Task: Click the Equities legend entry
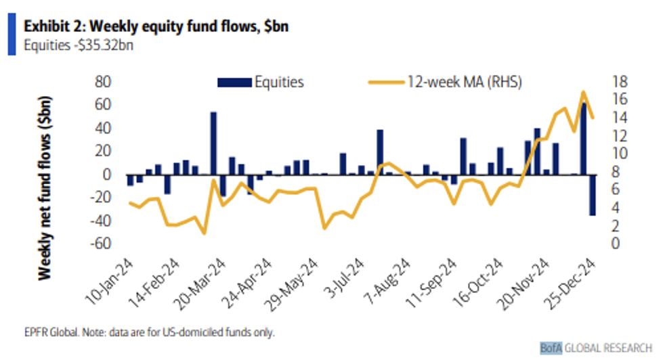[261, 83]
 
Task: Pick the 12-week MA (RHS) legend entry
[444, 83]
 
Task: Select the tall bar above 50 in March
[213, 143]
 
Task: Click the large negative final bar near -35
[592, 195]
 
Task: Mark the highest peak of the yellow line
[582, 91]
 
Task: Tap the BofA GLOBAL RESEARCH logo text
[596, 347]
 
